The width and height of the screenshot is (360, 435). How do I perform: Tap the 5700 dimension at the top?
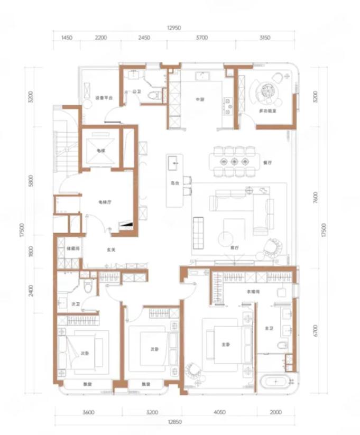201,38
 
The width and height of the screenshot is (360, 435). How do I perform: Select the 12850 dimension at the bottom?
175,421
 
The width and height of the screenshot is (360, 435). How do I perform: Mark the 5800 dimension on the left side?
32,181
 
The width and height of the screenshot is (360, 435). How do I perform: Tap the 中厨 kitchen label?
199,99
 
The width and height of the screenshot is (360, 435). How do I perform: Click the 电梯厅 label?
104,202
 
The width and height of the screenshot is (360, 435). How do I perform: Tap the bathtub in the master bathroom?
276,381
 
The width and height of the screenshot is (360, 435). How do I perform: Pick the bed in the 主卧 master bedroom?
226,344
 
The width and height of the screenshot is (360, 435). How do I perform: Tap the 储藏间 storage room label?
72,248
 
